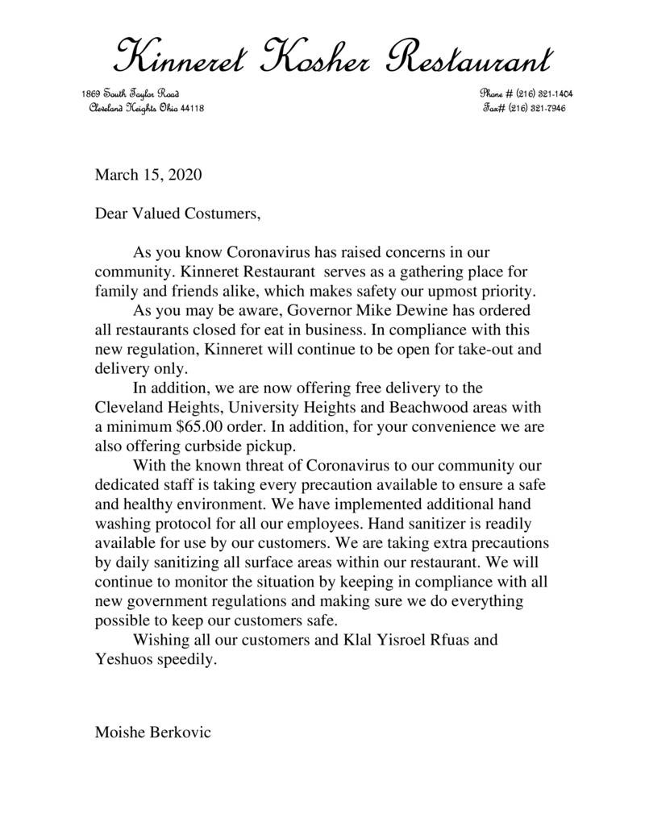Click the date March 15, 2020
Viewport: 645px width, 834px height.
click(x=148, y=174)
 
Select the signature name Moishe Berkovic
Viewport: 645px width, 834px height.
click(x=153, y=734)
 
